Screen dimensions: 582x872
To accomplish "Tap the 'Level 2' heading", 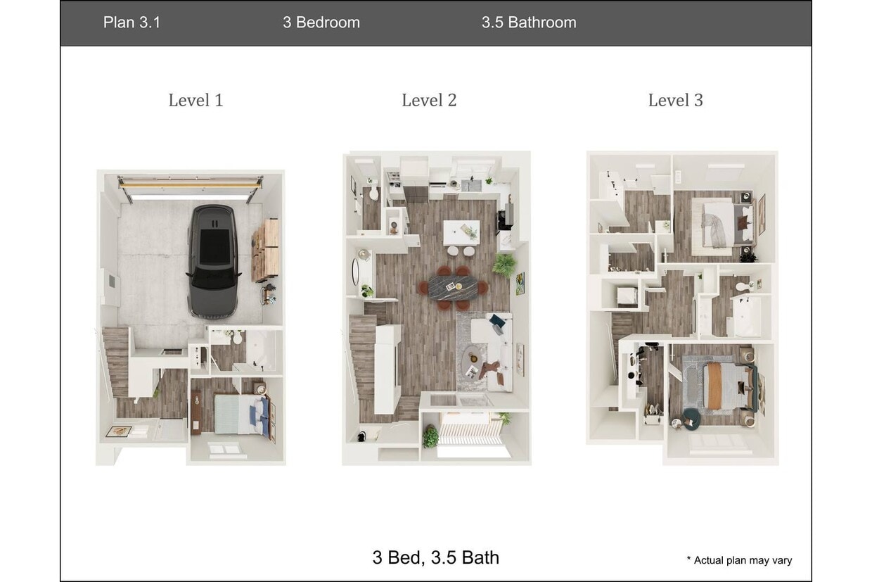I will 429,101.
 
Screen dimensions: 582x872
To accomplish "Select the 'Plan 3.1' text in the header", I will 132,23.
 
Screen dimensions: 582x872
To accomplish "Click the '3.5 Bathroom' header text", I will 529,23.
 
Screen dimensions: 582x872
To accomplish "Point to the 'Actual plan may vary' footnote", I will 739,560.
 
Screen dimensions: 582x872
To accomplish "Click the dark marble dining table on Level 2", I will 457,286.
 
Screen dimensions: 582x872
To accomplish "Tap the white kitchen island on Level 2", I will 461,232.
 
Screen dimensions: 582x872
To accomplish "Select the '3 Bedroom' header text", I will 321,23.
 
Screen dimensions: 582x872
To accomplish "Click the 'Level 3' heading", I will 675,101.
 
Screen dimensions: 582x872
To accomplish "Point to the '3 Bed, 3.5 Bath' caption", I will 436,557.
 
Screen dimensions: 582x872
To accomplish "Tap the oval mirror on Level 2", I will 356,270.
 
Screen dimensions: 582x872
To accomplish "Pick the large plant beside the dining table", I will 504,265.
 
